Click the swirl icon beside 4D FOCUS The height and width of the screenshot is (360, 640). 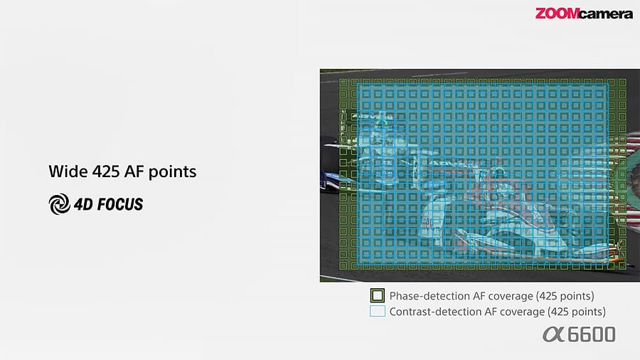pyautogui.click(x=59, y=204)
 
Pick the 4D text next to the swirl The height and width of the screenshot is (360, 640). pyautogui.click(x=83, y=204)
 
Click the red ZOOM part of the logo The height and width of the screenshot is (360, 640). pyautogui.click(x=557, y=14)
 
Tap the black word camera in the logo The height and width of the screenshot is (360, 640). pyautogui.click(x=606, y=15)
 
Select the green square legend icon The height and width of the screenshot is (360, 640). pyautogui.click(x=378, y=295)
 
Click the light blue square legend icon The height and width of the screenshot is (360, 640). pyautogui.click(x=378, y=312)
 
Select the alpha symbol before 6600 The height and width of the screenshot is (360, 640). pyautogui.click(x=554, y=334)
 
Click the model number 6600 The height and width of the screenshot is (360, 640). pyautogui.click(x=592, y=334)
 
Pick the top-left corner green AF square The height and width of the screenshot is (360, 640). pyautogui.click(x=343, y=83)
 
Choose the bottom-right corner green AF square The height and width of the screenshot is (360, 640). pyautogui.click(x=622, y=266)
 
